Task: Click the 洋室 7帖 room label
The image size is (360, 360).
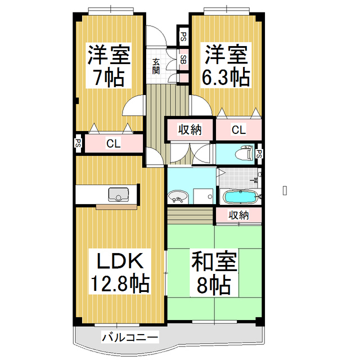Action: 109,66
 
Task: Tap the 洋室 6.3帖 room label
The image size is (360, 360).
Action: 226,66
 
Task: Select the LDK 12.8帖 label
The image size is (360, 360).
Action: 119,273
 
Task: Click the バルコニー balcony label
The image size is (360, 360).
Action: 130,337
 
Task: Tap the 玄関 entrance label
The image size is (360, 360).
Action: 156,66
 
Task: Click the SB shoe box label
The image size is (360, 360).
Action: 184,57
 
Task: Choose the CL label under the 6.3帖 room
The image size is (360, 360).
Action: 238,130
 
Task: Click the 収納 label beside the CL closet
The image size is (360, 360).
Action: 190,130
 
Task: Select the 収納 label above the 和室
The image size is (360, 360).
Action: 239,214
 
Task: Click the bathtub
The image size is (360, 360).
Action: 240,197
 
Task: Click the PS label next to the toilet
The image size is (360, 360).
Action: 259,153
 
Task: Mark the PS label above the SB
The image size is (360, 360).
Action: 184,37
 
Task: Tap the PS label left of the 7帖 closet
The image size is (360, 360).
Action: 78,143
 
